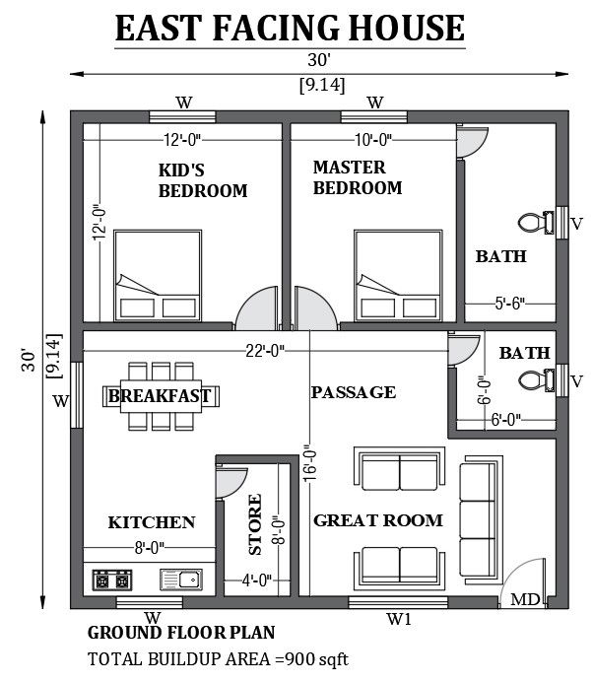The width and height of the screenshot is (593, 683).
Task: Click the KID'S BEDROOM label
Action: (x=202, y=179)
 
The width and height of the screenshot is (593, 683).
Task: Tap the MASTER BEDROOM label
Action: (x=357, y=177)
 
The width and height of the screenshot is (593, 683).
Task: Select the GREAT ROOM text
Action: (x=377, y=519)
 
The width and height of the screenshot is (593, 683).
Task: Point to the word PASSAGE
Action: (x=353, y=392)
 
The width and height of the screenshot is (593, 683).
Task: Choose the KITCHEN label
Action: (x=152, y=522)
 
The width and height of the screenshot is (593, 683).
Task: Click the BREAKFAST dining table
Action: (x=160, y=396)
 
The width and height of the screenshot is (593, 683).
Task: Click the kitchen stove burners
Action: (x=113, y=579)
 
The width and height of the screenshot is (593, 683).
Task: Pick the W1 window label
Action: (x=398, y=619)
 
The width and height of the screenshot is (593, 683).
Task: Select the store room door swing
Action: (x=231, y=481)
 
